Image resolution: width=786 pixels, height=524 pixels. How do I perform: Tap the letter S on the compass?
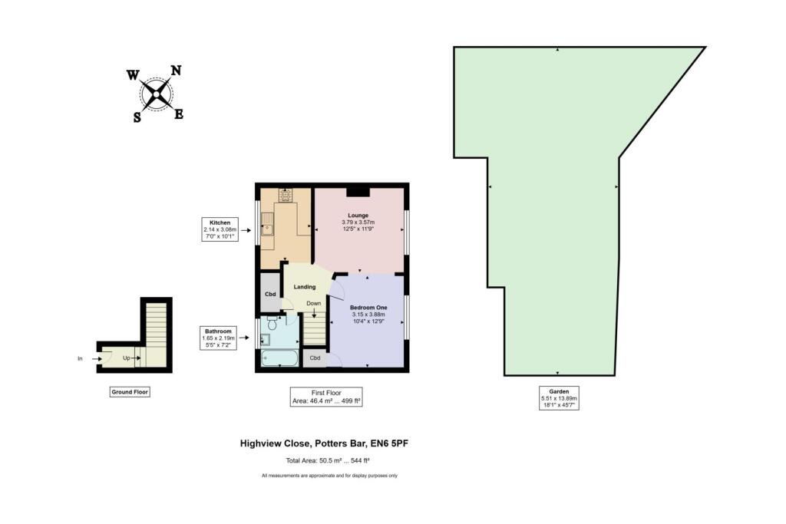click(x=137, y=117)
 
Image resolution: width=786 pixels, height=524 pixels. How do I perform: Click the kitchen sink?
click(x=266, y=225)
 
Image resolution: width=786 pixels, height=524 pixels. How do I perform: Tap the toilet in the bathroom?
click(x=272, y=325)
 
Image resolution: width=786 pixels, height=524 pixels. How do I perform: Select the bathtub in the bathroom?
click(x=280, y=358)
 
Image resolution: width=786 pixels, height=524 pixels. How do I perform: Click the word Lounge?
click(x=358, y=215)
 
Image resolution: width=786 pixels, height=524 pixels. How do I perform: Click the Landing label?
click(x=304, y=287)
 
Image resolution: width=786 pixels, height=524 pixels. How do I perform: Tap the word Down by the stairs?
click(x=313, y=303)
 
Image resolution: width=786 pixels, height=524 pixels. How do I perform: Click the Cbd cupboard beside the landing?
click(x=270, y=294)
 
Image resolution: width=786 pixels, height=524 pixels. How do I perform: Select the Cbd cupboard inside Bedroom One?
click(x=315, y=358)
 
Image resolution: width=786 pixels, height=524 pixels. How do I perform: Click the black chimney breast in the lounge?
click(x=358, y=192)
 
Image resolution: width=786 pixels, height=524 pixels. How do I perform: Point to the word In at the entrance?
click(x=80, y=358)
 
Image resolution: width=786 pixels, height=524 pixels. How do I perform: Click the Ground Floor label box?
click(x=128, y=392)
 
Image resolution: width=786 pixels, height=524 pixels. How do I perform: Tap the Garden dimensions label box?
click(x=558, y=398)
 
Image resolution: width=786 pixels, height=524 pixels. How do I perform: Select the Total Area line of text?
click(x=327, y=460)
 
